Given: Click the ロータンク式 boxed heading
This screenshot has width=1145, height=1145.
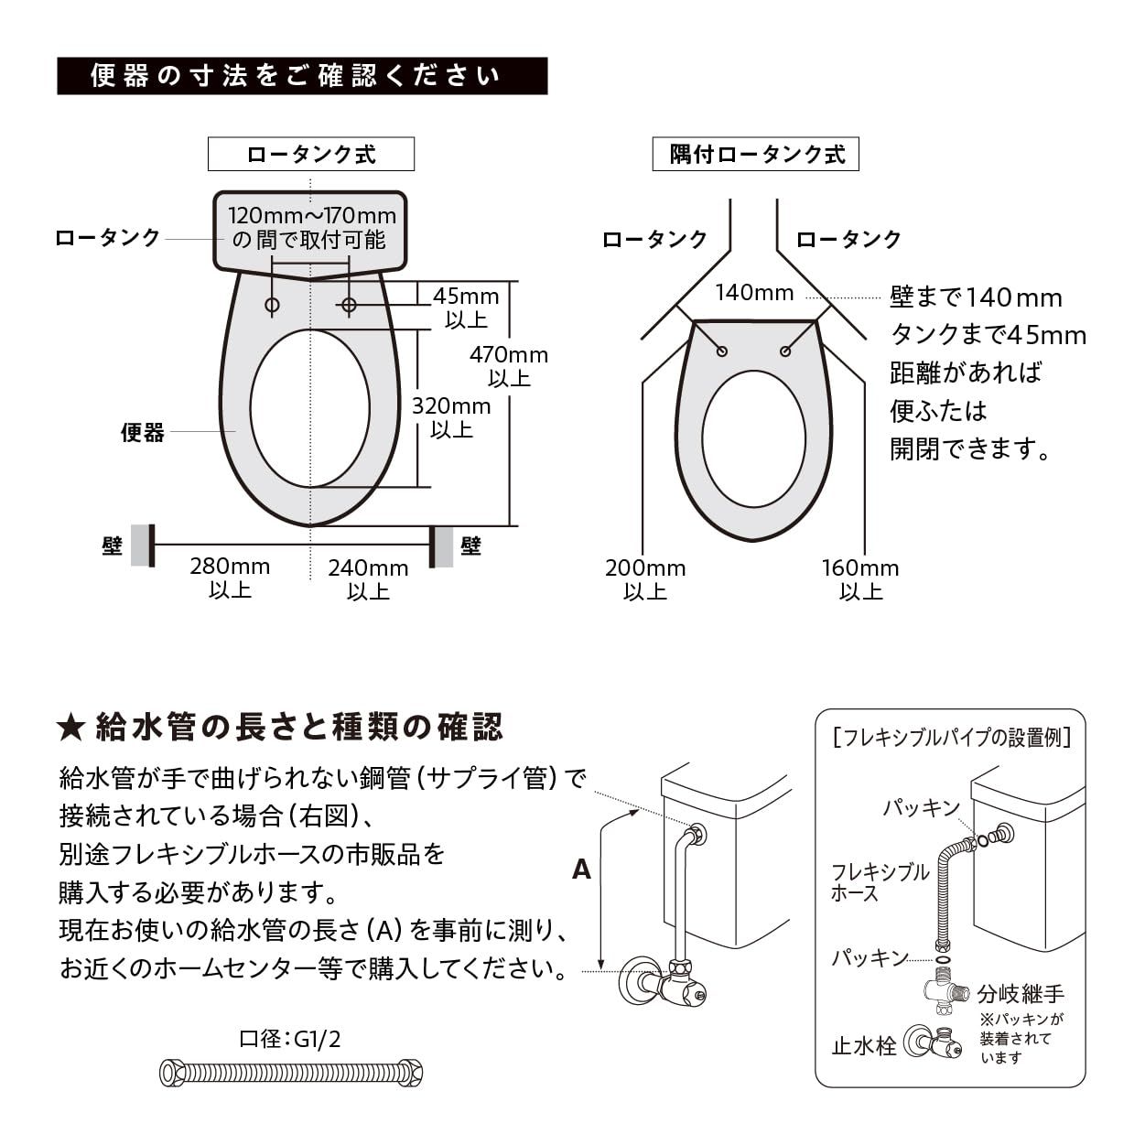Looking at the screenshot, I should [311, 154].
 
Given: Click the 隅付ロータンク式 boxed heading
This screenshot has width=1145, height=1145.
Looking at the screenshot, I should [756, 154].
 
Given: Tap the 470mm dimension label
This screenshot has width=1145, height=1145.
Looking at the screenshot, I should [509, 355].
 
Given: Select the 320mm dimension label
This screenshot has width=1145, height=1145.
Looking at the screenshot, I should [451, 406].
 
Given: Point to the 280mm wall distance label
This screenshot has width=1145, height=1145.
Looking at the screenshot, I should [230, 567].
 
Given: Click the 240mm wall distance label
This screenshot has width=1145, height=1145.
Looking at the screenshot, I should [368, 568].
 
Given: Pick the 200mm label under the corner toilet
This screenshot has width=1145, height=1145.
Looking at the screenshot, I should [645, 568].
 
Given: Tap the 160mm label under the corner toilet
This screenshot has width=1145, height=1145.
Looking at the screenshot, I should [860, 568].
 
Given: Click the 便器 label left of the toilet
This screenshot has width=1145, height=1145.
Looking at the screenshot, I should [143, 433].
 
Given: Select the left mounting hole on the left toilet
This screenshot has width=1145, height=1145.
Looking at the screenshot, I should [272, 305].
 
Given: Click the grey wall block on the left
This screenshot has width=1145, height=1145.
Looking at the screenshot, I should [142, 545].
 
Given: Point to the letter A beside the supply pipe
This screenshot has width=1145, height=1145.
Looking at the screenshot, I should [582, 870].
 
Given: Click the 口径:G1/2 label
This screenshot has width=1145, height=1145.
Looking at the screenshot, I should [290, 1039].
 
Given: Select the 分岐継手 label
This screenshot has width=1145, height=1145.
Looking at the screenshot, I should [1021, 993].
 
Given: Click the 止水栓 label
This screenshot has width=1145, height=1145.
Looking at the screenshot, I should [863, 1046].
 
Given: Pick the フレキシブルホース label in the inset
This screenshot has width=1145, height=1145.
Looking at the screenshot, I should [880, 882].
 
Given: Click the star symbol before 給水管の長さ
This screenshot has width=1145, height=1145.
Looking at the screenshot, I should [70, 729].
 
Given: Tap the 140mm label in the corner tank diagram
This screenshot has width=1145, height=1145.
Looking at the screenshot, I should [754, 293].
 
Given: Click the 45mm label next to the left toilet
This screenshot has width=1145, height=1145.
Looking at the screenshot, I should [466, 297].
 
